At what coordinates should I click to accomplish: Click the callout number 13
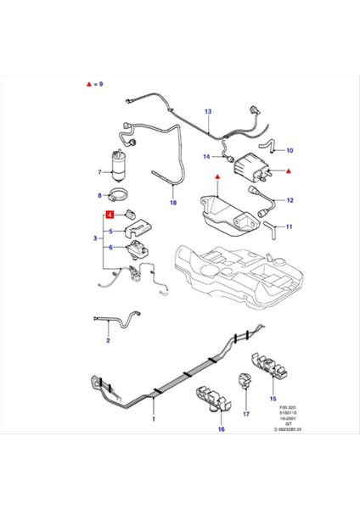208,111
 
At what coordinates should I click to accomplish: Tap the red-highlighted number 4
110,215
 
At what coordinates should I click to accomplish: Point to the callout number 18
173,204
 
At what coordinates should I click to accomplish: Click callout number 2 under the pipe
108,341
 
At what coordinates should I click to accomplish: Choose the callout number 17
247,414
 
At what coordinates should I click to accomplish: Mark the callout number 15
273,397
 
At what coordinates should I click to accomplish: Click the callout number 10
290,150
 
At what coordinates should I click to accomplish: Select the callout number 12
290,201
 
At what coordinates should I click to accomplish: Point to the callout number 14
206,156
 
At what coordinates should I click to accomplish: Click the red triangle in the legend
89,86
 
